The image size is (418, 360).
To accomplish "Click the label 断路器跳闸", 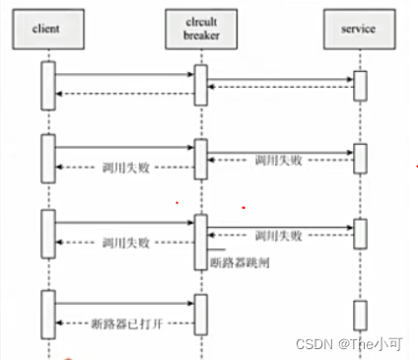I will pos(238,263).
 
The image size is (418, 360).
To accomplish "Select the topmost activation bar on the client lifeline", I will pos(46,85).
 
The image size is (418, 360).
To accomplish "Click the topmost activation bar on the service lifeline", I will pos(360,86).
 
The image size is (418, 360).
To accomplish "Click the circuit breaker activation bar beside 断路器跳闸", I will pos(201,240).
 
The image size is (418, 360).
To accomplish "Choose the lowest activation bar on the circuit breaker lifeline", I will pos(201,312).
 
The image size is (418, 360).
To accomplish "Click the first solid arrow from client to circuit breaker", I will pos(123,74).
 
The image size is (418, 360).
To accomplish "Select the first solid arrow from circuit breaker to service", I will pos(280,80).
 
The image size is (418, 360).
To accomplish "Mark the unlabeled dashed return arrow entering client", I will pos(123,94).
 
